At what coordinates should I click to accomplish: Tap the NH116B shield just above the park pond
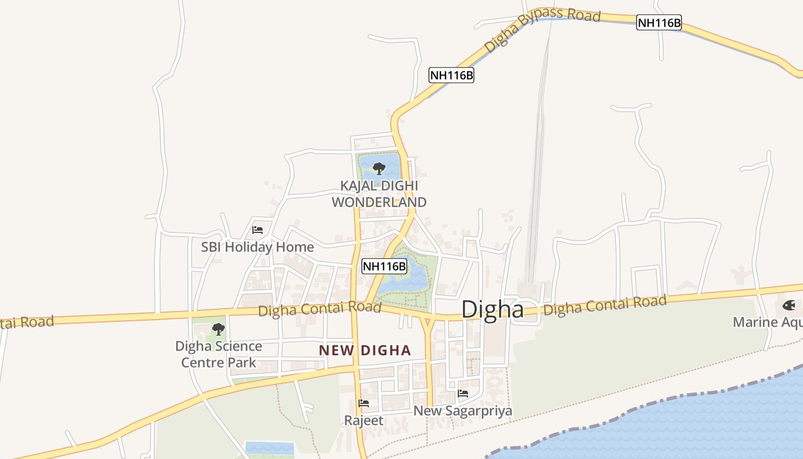point(384,266)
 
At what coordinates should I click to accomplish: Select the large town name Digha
point(492,310)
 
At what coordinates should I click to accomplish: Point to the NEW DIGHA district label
point(365,350)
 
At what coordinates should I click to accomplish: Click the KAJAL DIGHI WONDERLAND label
point(379,194)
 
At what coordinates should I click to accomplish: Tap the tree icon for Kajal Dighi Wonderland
point(379,168)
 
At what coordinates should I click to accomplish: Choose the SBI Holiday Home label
point(257,247)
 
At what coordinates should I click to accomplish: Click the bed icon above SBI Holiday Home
point(258,230)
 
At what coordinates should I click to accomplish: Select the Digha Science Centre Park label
point(219,354)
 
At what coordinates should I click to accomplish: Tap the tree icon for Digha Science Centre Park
point(218,329)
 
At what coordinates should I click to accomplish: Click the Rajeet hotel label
point(364,421)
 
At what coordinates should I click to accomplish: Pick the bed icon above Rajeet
point(364,403)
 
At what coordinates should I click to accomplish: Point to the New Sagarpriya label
point(462,411)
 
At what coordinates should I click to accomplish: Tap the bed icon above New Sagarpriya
point(463,394)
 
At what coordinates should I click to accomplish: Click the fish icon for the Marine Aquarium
point(789,305)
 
